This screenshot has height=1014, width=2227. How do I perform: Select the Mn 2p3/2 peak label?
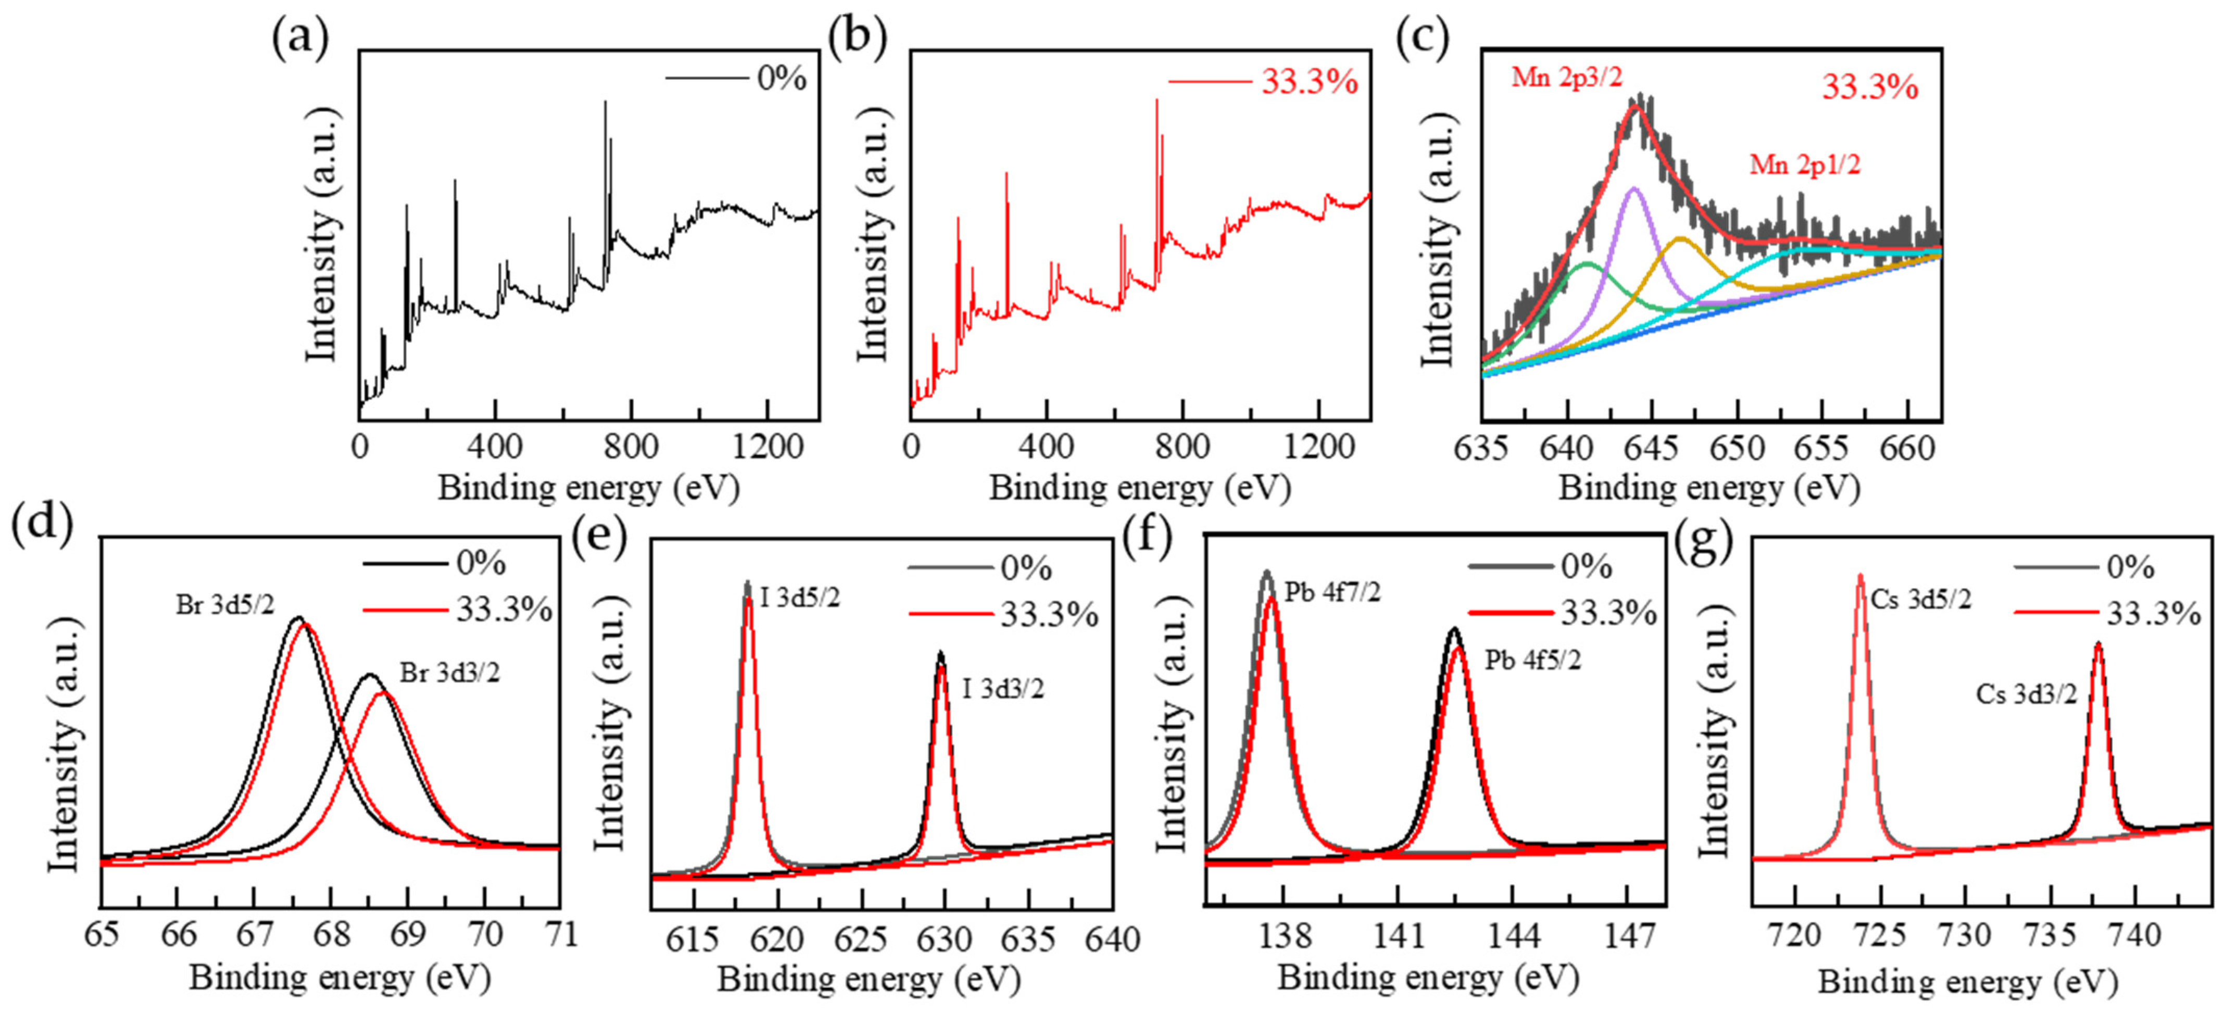click(1567, 78)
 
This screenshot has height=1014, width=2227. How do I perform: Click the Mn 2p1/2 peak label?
click(1805, 164)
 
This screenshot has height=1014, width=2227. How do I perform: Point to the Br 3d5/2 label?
click(225, 605)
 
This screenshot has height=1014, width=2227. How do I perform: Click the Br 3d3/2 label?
click(449, 673)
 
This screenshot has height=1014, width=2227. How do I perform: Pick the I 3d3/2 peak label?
click(1003, 689)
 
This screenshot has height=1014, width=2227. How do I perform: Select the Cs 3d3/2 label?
click(2025, 694)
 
